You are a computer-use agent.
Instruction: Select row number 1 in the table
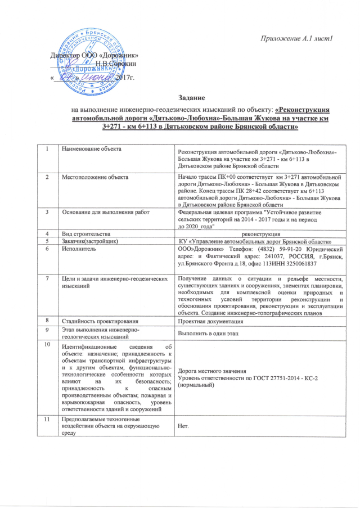pos(49,148)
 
